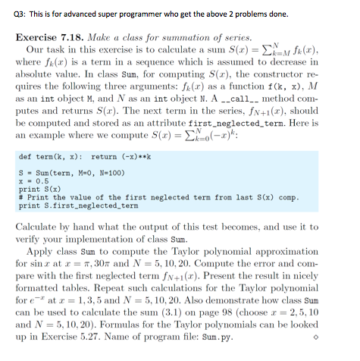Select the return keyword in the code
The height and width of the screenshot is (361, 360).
click(102, 157)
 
